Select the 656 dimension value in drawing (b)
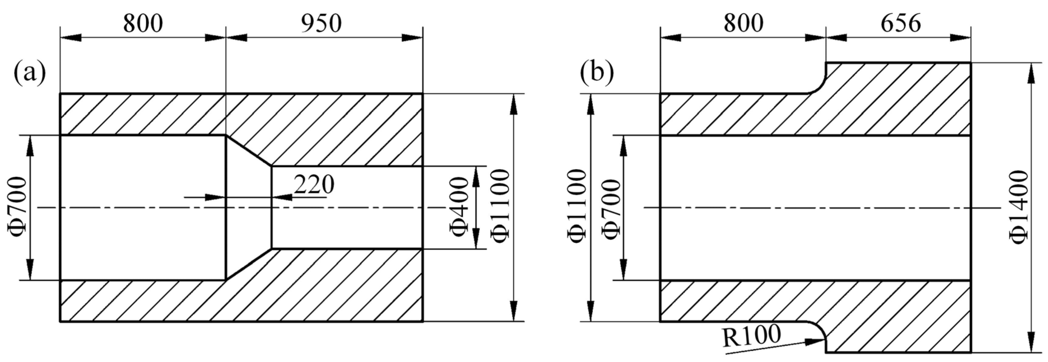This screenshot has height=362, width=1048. click(x=900, y=24)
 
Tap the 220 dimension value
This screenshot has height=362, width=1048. click(x=314, y=184)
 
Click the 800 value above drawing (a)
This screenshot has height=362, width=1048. click(x=143, y=24)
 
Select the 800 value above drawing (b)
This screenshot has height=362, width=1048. click(x=743, y=24)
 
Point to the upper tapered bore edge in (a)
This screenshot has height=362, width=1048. click(x=248, y=151)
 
